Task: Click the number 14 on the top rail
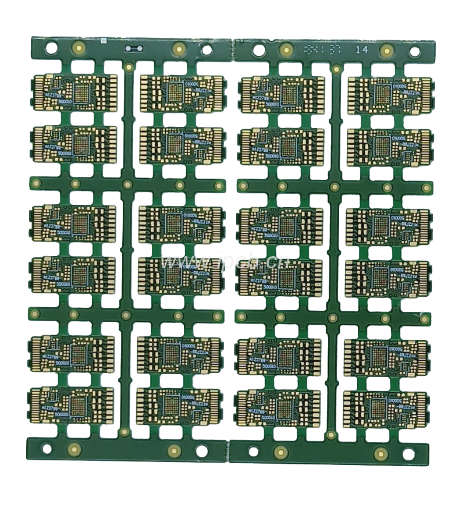coord(361,50)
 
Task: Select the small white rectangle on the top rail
coord(101,42)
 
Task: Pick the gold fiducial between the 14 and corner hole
coord(386,51)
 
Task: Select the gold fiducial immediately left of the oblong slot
coord(77,48)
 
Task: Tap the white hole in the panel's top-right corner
coord(414,52)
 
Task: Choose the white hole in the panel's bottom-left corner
coord(47,448)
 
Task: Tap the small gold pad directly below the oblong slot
coord(129,68)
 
